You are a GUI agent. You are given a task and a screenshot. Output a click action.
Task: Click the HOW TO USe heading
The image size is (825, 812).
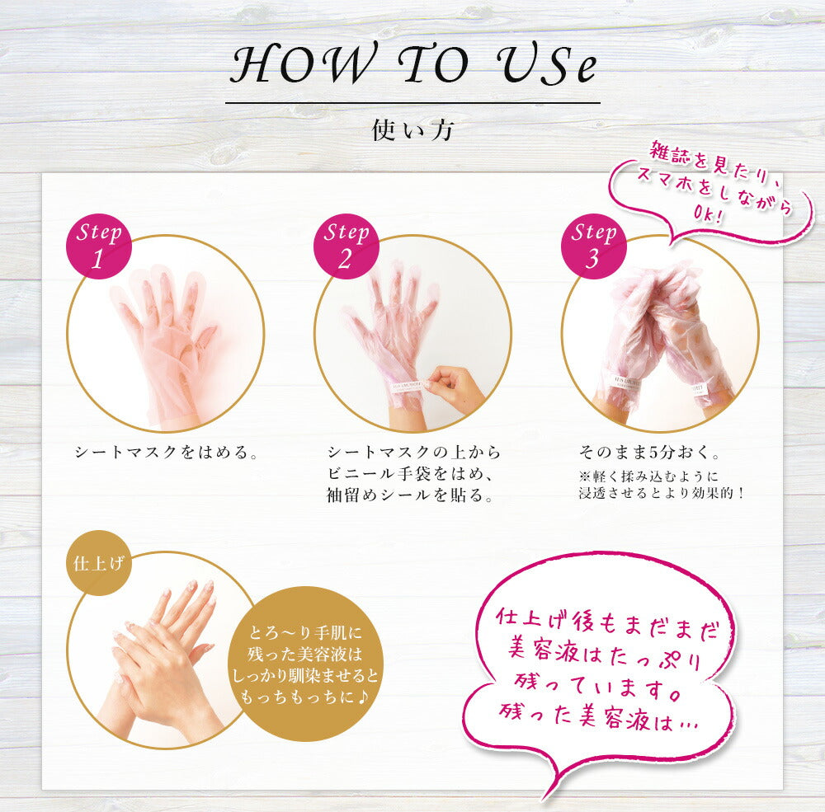pyautogui.click(x=413, y=64)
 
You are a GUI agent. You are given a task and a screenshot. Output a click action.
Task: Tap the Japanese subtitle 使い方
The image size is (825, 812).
pyautogui.click(x=412, y=130)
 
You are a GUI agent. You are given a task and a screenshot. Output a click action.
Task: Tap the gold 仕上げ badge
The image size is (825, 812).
pyautogui.click(x=98, y=563)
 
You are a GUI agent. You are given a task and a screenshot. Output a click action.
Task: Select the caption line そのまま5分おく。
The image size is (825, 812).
pyautogui.click(x=649, y=452)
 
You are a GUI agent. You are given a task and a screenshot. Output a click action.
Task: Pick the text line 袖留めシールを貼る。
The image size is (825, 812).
pyautogui.click(x=410, y=495)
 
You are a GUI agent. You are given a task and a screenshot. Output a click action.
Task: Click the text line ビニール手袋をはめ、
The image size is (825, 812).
pyautogui.click(x=410, y=474)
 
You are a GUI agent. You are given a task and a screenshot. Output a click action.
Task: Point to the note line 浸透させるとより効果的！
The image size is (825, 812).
pyautogui.click(x=662, y=493)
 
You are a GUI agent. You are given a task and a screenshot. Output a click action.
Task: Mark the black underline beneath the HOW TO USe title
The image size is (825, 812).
pyautogui.click(x=412, y=102)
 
